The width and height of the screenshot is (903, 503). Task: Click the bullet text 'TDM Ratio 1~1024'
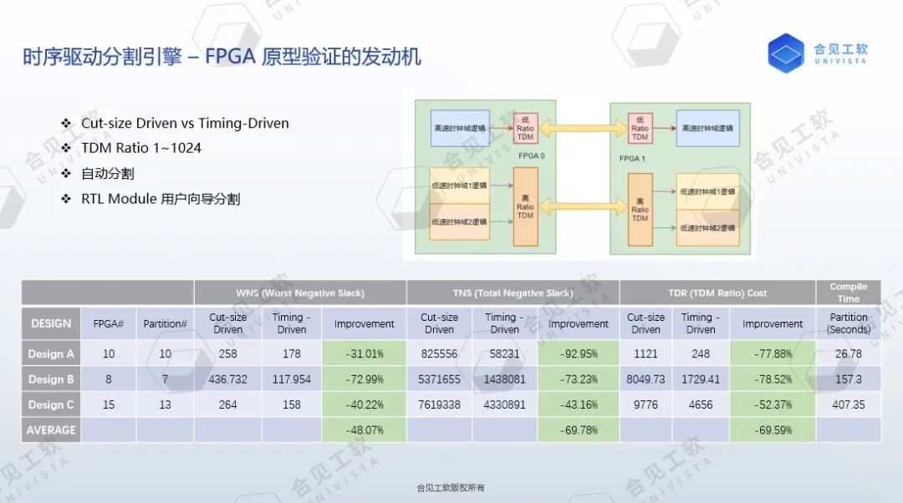click(140, 148)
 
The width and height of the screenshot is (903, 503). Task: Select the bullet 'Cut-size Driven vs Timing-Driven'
click(185, 123)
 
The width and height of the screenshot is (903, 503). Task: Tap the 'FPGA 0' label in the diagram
click(531, 156)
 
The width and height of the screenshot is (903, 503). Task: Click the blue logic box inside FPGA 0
click(460, 128)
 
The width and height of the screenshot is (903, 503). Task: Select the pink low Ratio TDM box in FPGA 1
click(640, 128)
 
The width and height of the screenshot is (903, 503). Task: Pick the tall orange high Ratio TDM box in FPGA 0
click(525, 206)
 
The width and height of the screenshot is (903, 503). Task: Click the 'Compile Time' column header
click(848, 292)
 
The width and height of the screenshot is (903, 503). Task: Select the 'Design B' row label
click(51, 379)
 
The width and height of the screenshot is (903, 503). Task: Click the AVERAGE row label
click(51, 429)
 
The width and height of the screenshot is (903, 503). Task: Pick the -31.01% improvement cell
click(364, 353)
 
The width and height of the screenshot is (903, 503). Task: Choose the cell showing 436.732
click(227, 379)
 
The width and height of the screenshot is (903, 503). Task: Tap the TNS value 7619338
click(439, 404)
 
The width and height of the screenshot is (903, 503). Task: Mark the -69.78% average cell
click(578, 429)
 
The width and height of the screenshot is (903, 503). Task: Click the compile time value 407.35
click(848, 404)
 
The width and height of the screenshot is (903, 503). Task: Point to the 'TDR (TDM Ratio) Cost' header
click(717, 292)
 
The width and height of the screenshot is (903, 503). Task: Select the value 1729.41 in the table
click(701, 379)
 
